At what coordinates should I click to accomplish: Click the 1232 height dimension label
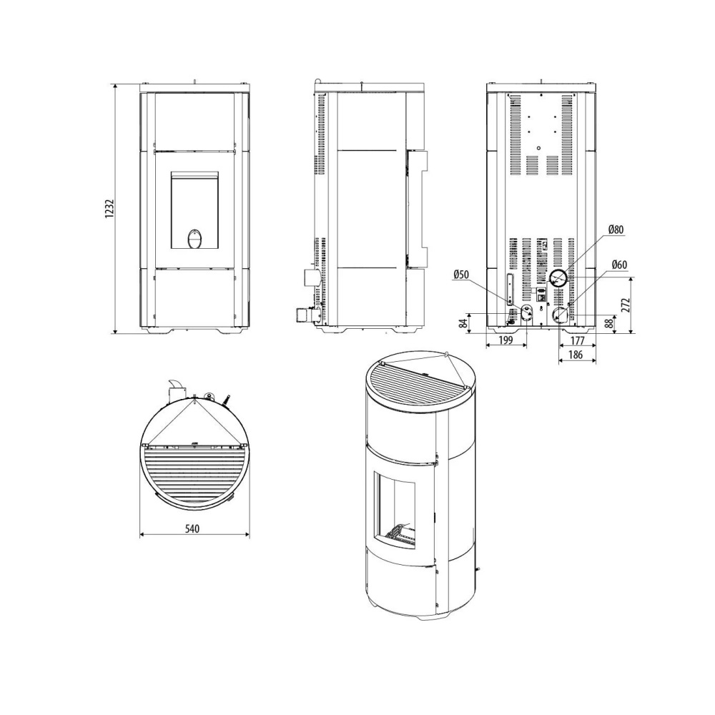[x=109, y=209]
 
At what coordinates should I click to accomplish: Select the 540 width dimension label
[x=192, y=528]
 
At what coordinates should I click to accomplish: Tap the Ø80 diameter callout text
[x=616, y=230]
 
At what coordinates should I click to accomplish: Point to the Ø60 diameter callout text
[x=619, y=265]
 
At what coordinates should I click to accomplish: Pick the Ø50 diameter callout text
[x=461, y=274]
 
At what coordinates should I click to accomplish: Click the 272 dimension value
[x=625, y=305]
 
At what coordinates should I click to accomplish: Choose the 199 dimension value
[x=506, y=340]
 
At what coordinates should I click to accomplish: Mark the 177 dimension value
[x=577, y=340]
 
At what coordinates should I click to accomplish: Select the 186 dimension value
[x=576, y=355]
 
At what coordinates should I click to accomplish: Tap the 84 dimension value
[x=463, y=323]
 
